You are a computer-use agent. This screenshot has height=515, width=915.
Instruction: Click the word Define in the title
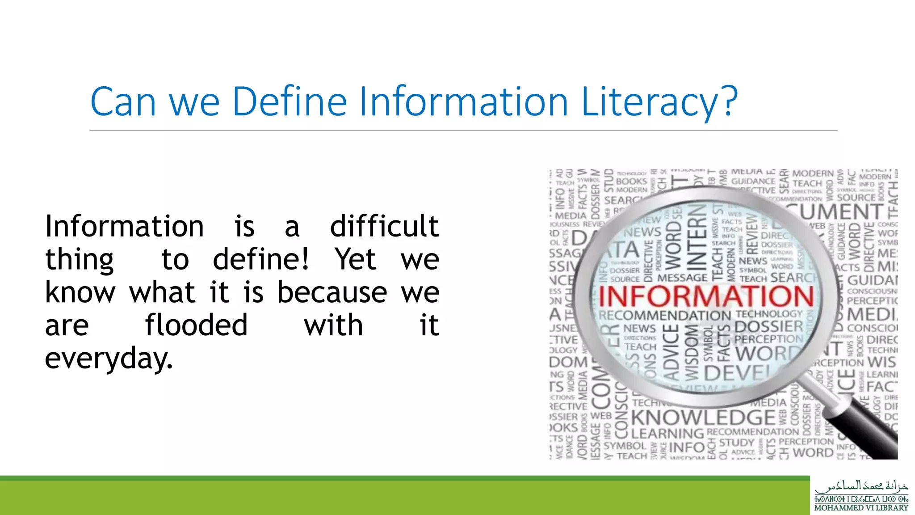[x=290, y=101]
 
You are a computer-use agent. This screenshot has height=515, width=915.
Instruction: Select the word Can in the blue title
[x=123, y=101]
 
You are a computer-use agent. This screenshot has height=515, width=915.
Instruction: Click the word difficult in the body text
[x=384, y=226]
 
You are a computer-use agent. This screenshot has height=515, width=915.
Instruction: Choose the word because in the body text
[x=332, y=292]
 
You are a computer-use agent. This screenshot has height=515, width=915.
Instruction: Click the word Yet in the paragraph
[x=356, y=259]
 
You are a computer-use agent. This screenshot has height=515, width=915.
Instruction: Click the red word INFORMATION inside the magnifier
[x=706, y=296]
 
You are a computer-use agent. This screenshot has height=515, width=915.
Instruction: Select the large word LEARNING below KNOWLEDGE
[x=667, y=433]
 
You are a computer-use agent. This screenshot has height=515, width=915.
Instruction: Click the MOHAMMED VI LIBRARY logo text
[x=861, y=508]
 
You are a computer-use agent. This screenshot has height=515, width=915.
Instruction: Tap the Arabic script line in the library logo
[x=861, y=486]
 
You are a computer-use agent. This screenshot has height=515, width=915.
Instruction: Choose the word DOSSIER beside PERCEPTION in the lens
[x=768, y=326]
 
